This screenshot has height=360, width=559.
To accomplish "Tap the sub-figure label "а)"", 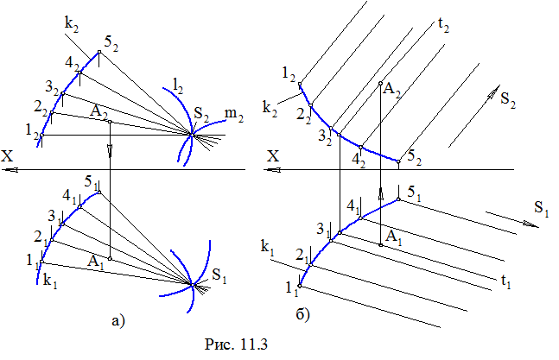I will tap(119, 321).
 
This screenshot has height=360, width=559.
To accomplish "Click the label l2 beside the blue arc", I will tap(179, 85).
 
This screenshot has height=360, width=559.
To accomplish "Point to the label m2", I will tap(232, 113).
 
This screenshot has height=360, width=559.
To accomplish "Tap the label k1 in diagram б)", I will tap(267, 248).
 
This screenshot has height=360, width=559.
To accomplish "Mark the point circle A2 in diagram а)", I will tap(111, 122).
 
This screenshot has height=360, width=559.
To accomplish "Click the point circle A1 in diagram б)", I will tap(381, 245).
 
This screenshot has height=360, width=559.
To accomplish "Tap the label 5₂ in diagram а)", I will tap(110, 42).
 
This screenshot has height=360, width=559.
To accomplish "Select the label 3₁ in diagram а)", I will tap(56, 216).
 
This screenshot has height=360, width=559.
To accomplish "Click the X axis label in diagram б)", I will tap(274, 155).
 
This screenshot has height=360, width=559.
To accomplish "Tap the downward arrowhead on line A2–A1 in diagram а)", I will tap(111, 154).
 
